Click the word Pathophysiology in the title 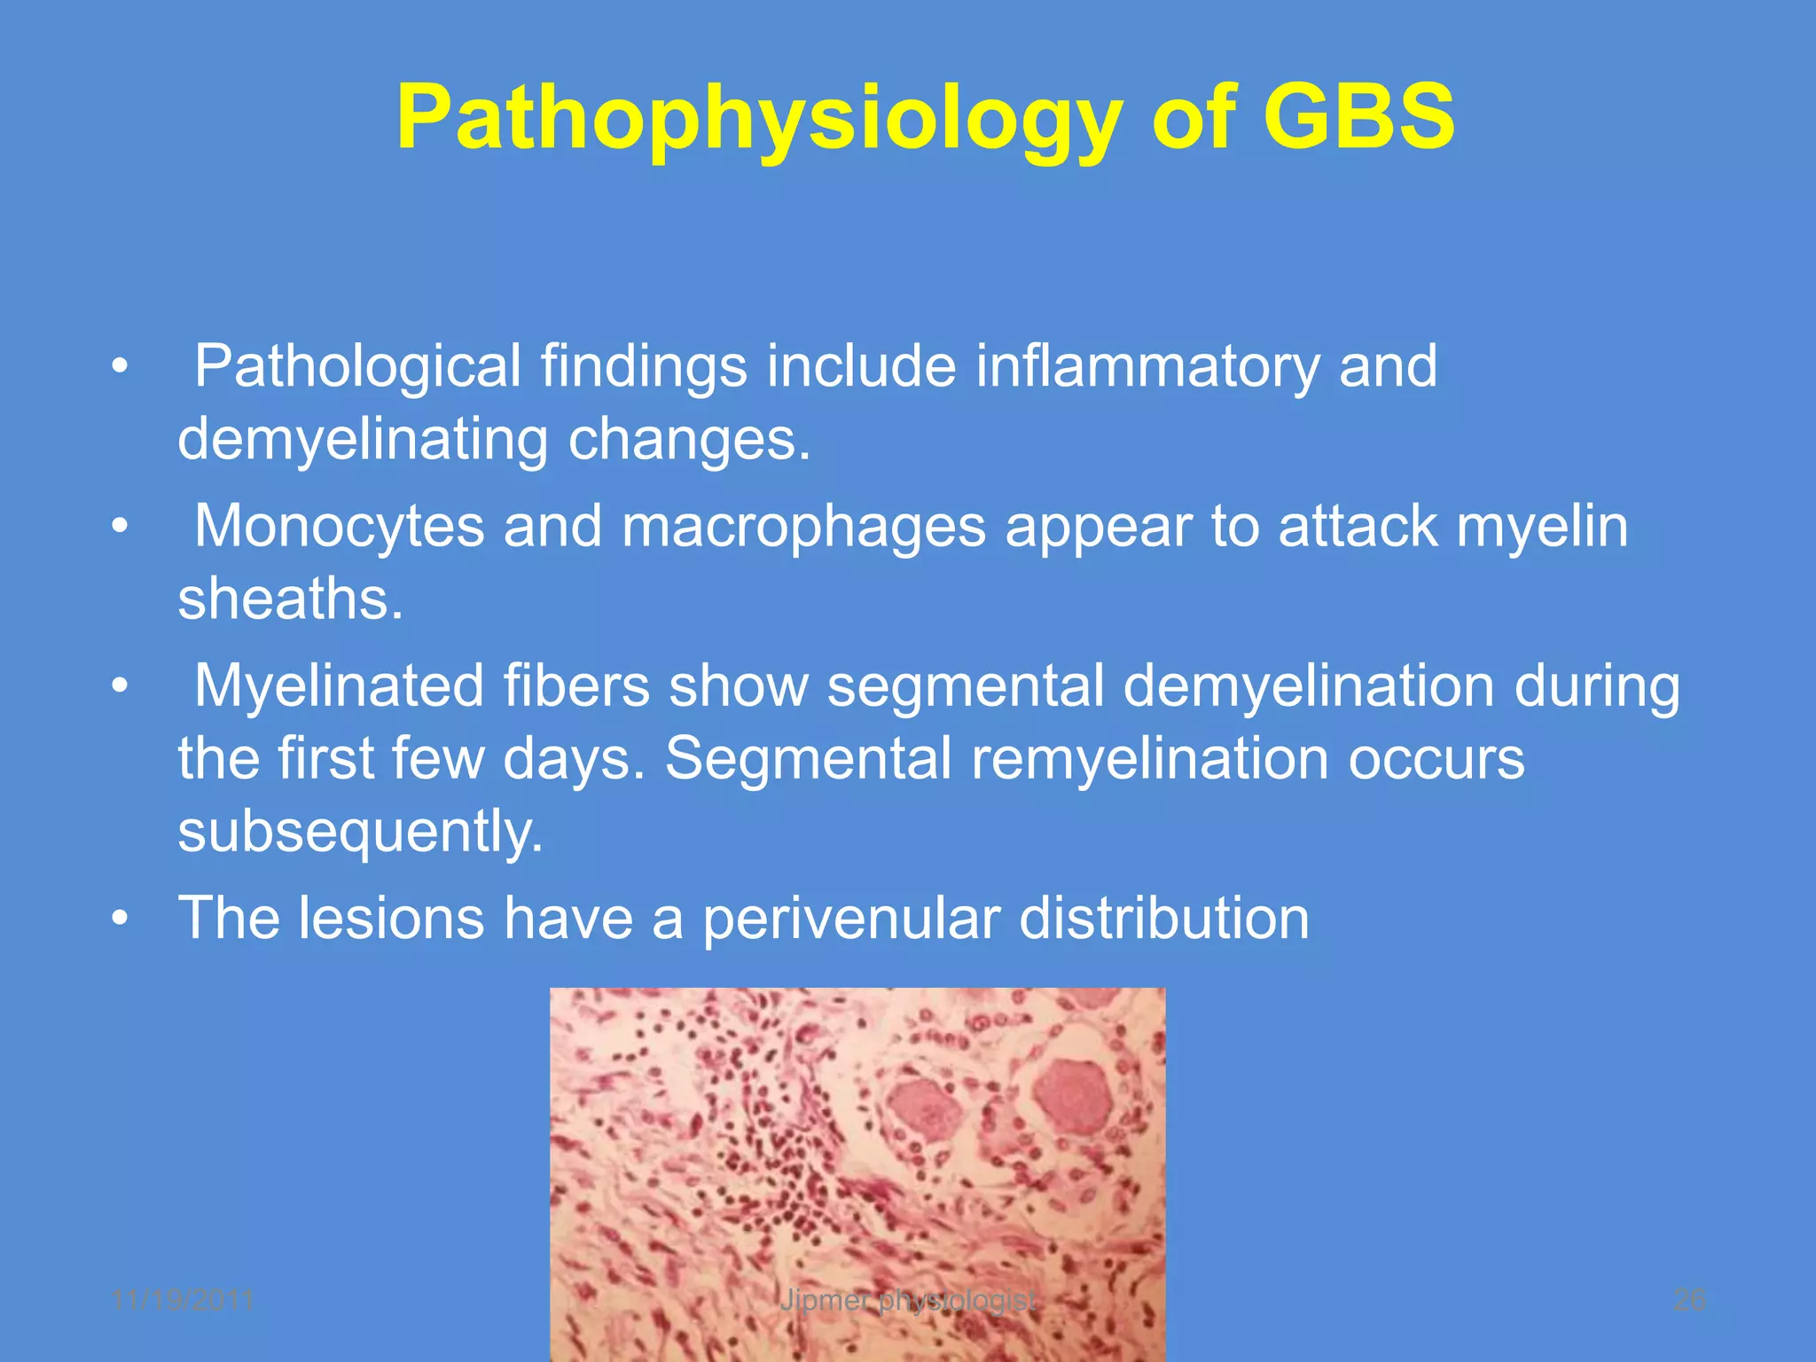[x=759, y=119]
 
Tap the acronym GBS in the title [x=1358, y=117]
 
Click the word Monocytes [x=340, y=526]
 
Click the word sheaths [x=290, y=599]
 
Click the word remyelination [x=1149, y=759]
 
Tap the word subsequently [x=360, y=832]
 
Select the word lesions [x=391, y=918]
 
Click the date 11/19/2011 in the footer [x=183, y=1300]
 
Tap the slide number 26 [x=1688, y=1300]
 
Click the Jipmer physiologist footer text [x=907, y=1300]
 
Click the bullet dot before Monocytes [x=121, y=527]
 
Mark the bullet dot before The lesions [x=121, y=919]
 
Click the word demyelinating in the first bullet [x=363, y=439]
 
